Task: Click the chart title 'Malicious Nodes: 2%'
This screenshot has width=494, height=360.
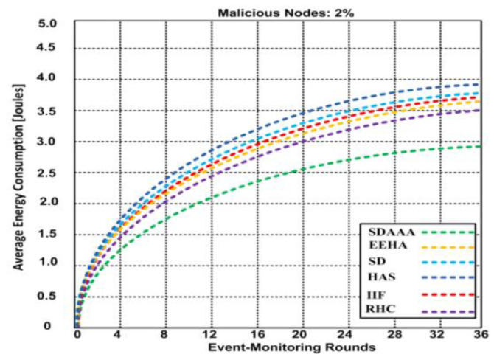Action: tap(277, 10)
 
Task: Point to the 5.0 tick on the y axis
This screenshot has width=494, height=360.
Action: tap(59, 24)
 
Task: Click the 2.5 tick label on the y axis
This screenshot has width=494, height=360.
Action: tap(59, 173)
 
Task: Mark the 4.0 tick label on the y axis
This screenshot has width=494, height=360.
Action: tap(59, 80)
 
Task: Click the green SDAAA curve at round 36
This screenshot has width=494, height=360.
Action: tap(479, 146)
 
